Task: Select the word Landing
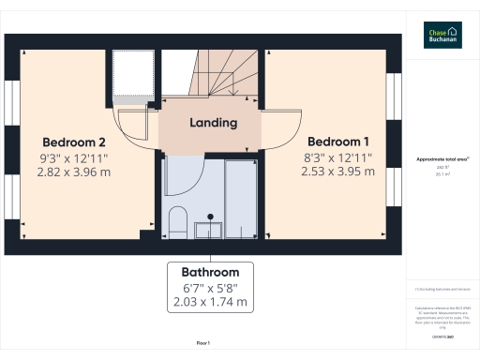[213, 123]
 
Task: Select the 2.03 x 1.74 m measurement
[210, 302]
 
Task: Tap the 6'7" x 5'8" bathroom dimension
[210, 287]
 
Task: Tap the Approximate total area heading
[442, 160]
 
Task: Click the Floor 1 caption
[202, 344]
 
